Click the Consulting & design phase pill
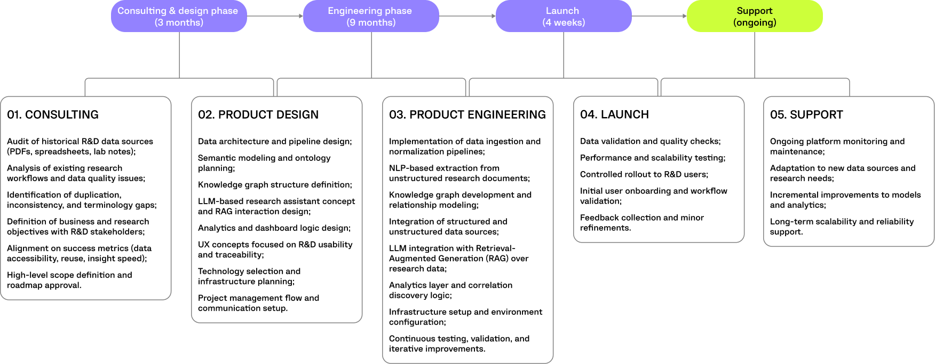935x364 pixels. tap(178, 17)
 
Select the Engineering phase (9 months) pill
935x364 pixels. tap(370, 17)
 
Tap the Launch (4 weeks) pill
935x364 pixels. tap(563, 17)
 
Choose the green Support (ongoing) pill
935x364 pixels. tap(754, 17)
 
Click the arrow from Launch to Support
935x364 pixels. tap(659, 16)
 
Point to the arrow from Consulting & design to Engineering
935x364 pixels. tap(274, 16)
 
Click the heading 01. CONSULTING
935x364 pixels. tap(53, 114)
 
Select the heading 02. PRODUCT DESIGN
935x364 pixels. tap(258, 114)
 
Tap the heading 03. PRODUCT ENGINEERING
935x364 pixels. tap(467, 114)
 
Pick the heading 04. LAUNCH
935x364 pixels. tap(614, 114)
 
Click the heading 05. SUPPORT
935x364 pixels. tap(806, 114)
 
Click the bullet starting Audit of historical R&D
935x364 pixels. tap(80, 146)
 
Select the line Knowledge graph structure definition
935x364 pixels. tap(275, 185)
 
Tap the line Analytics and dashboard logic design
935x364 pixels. tap(274, 228)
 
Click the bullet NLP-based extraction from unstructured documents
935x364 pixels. tap(459, 173)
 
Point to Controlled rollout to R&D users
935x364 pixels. tap(644, 174)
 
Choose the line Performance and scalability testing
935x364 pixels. tap(652, 158)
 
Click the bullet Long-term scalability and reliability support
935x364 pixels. tap(842, 227)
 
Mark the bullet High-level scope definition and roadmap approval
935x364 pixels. tap(69, 280)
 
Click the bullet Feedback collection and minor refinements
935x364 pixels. tap(641, 223)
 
